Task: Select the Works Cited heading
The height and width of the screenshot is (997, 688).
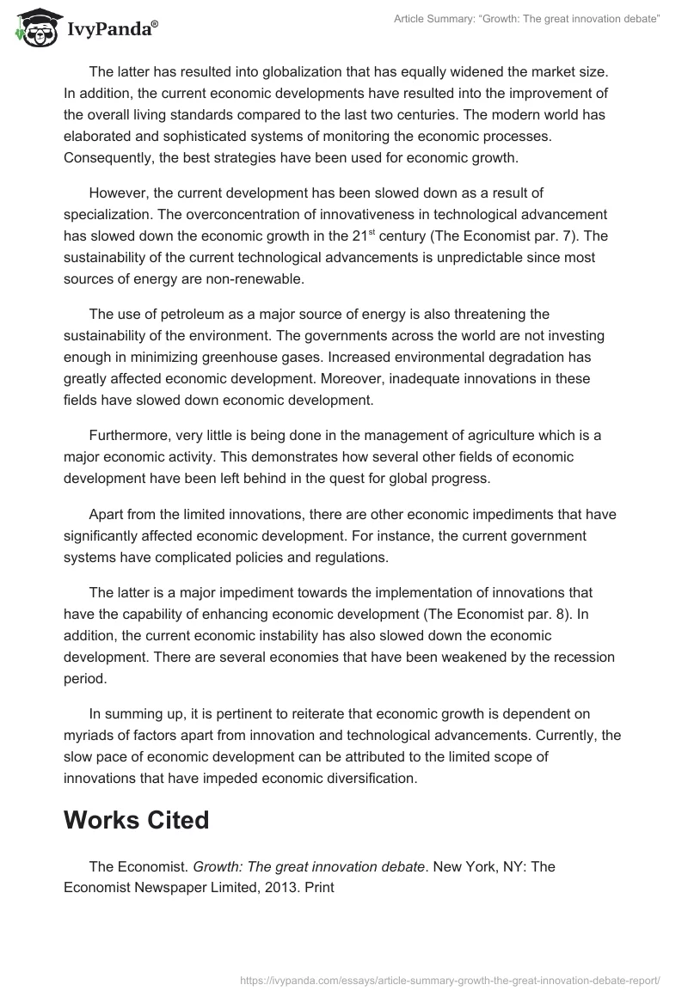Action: [136, 820]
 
